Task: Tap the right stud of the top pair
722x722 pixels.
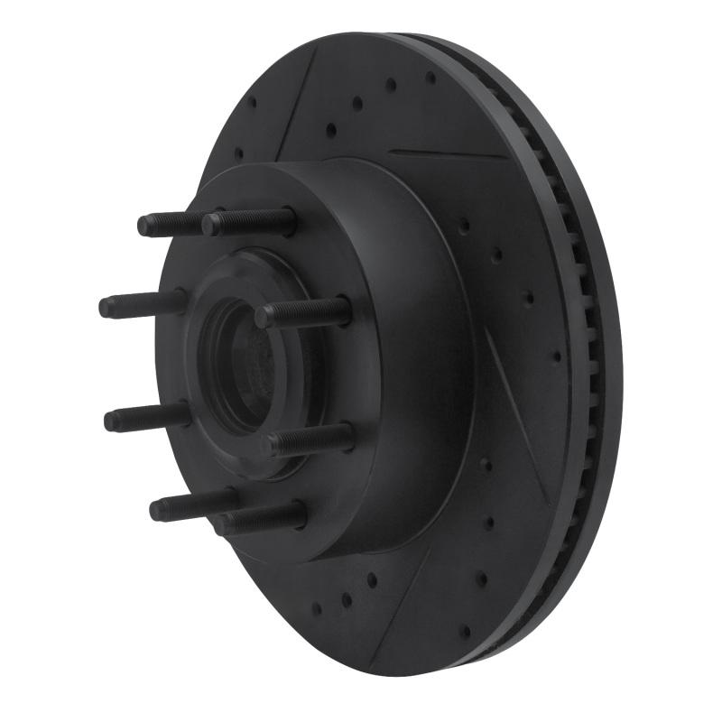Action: pos(248,221)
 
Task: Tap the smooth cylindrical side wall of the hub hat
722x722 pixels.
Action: pos(424,361)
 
